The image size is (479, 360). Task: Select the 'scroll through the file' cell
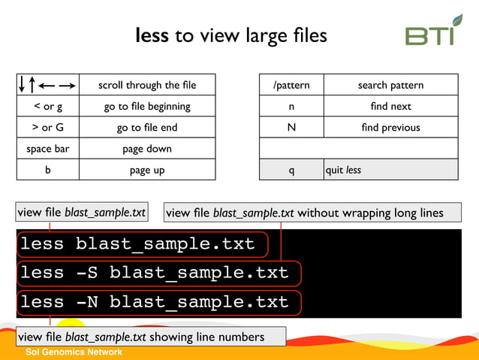click(x=147, y=85)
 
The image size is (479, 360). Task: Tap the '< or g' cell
click(x=47, y=106)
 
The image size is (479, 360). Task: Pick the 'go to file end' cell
click(x=147, y=128)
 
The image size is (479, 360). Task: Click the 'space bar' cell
click(x=47, y=149)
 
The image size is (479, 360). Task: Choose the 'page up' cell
click(x=147, y=170)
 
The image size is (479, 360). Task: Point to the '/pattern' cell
click(x=291, y=85)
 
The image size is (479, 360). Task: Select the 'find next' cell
click(x=390, y=106)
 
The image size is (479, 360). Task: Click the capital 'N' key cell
click(x=291, y=128)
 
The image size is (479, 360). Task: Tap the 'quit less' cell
click(x=390, y=170)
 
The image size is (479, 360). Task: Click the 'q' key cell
click(x=291, y=170)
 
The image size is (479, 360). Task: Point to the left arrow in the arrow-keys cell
click(x=47, y=85)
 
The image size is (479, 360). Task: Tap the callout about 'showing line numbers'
click(x=150, y=337)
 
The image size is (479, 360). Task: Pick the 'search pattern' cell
click(x=390, y=85)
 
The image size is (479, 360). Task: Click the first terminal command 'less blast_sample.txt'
click(x=137, y=244)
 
